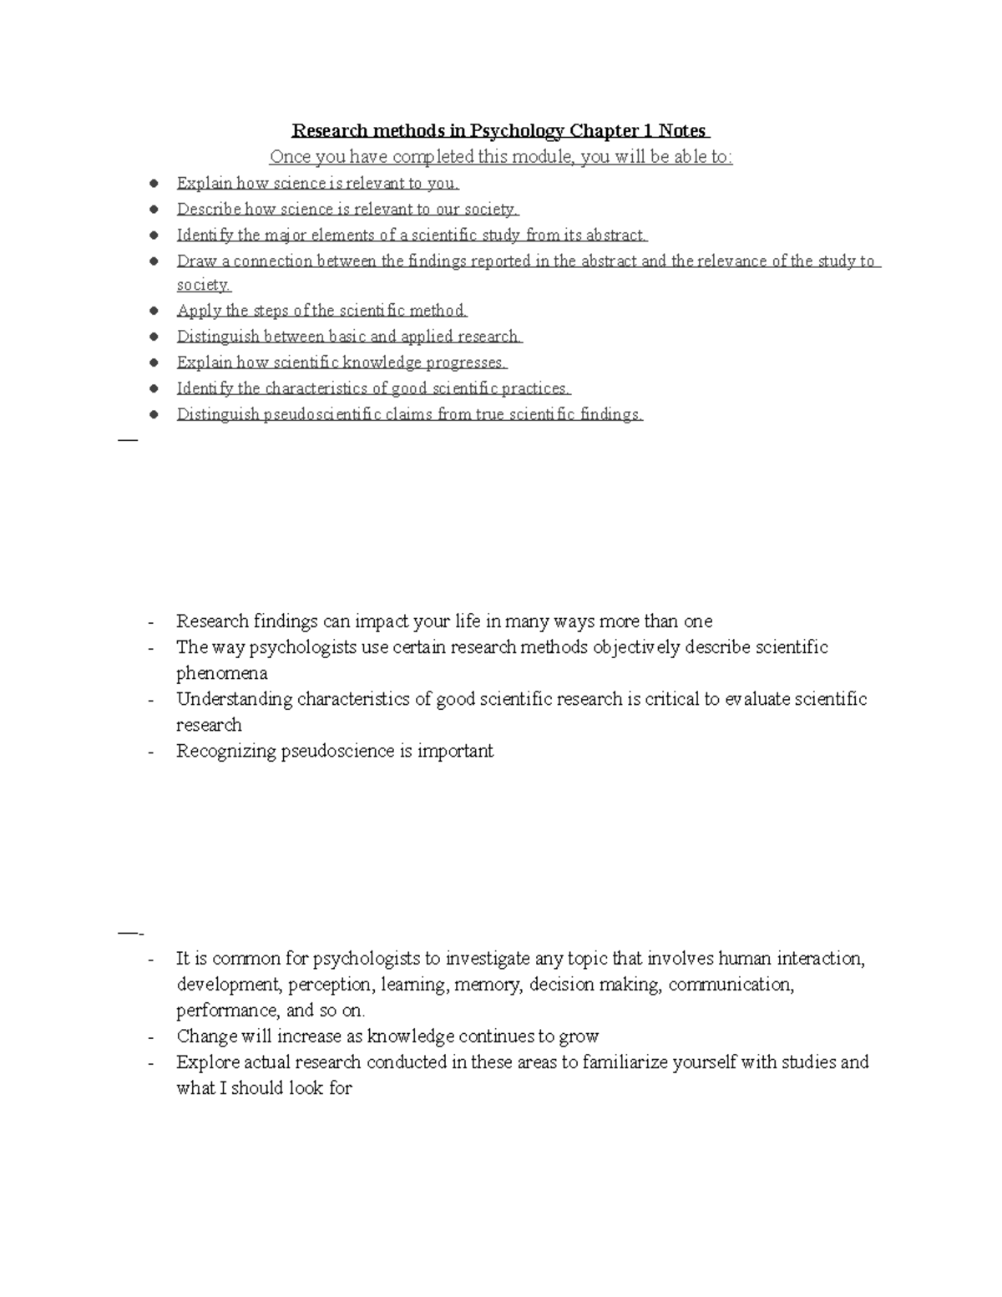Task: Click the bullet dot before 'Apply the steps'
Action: click(153, 311)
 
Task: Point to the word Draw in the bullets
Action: click(196, 261)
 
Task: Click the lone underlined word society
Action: click(203, 285)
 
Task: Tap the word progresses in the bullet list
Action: click(467, 362)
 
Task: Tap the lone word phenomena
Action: click(222, 673)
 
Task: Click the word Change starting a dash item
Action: click(206, 1036)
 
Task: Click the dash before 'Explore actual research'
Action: click(150, 1063)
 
